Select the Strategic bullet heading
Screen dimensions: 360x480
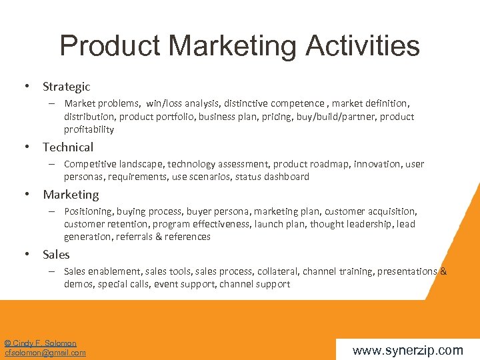pyautogui.click(x=66, y=87)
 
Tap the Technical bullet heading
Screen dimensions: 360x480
pyautogui.click(x=68, y=147)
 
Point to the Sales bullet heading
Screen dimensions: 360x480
pyautogui.click(x=56, y=255)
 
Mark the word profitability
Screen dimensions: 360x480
pyautogui.click(x=89, y=129)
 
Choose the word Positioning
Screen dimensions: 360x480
pyautogui.click(x=89, y=211)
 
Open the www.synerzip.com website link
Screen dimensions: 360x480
pyautogui.click(x=407, y=349)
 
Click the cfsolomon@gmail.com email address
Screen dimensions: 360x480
pyautogui.click(x=45, y=353)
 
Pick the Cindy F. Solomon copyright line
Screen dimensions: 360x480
pyautogui.click(x=41, y=343)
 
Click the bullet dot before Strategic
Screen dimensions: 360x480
pyautogui.click(x=26, y=87)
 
